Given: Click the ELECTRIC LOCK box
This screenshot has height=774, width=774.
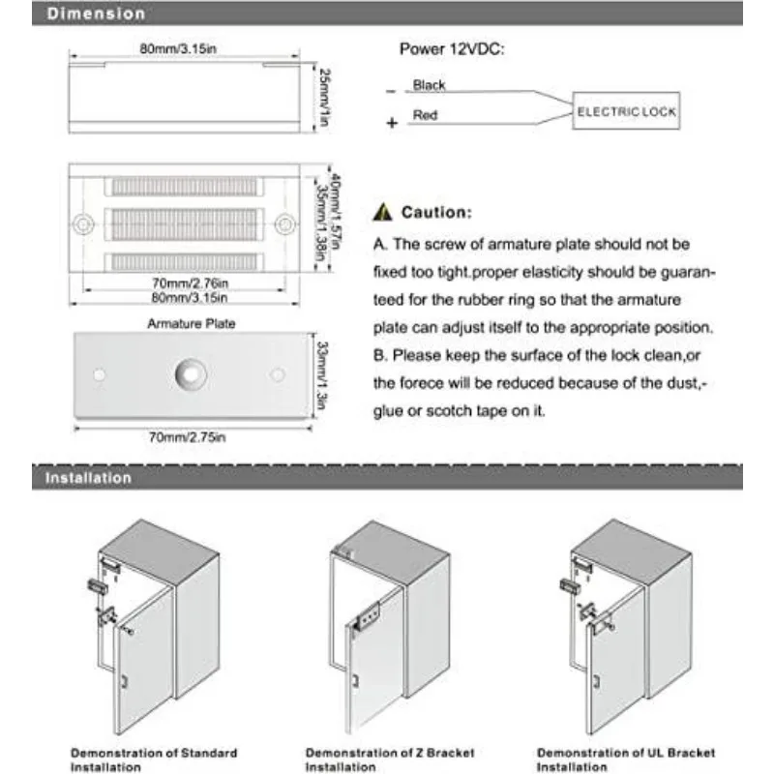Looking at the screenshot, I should tap(626, 111).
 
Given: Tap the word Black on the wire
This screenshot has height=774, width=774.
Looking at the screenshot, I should tap(429, 85).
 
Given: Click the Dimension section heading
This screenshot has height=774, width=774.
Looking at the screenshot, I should tap(97, 14).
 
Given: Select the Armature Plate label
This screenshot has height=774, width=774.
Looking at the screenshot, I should tap(192, 324).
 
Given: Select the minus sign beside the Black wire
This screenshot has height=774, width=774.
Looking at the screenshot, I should tap(391, 92).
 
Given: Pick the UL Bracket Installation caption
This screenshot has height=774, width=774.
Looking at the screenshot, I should tap(626, 759).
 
